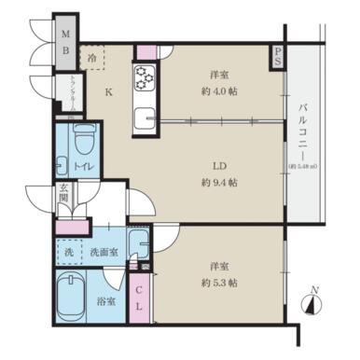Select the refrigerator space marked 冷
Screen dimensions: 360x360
[91, 58]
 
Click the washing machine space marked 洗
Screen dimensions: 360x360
[68, 251]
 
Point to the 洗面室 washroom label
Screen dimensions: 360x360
[103, 251]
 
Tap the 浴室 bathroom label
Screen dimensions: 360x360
[107, 301]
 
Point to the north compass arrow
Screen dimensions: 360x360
[312, 302]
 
